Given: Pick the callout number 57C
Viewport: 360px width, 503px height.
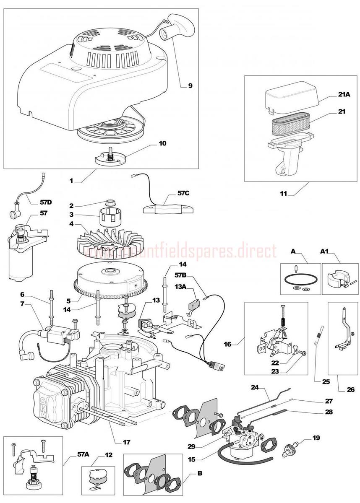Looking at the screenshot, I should (183, 194).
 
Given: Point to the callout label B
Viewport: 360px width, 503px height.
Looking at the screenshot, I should (200, 474).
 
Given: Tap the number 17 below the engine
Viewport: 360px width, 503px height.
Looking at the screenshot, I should (126, 441).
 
